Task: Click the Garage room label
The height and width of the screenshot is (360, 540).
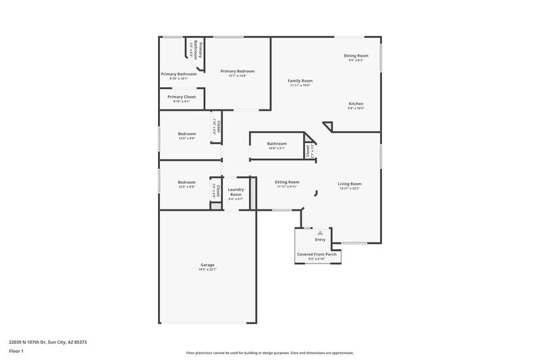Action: (x=207, y=265)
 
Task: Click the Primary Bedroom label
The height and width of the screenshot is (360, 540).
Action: (x=238, y=71)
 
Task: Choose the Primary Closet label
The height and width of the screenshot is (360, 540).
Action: (x=182, y=97)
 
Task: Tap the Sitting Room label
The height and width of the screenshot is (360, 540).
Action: (x=287, y=182)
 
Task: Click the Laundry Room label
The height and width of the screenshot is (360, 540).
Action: (x=236, y=192)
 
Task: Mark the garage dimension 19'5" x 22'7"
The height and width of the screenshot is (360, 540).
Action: (x=207, y=269)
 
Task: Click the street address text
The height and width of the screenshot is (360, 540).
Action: (x=48, y=342)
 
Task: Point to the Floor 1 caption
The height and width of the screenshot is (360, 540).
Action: (x=16, y=352)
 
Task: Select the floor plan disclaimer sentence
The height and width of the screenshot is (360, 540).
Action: (x=270, y=353)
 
